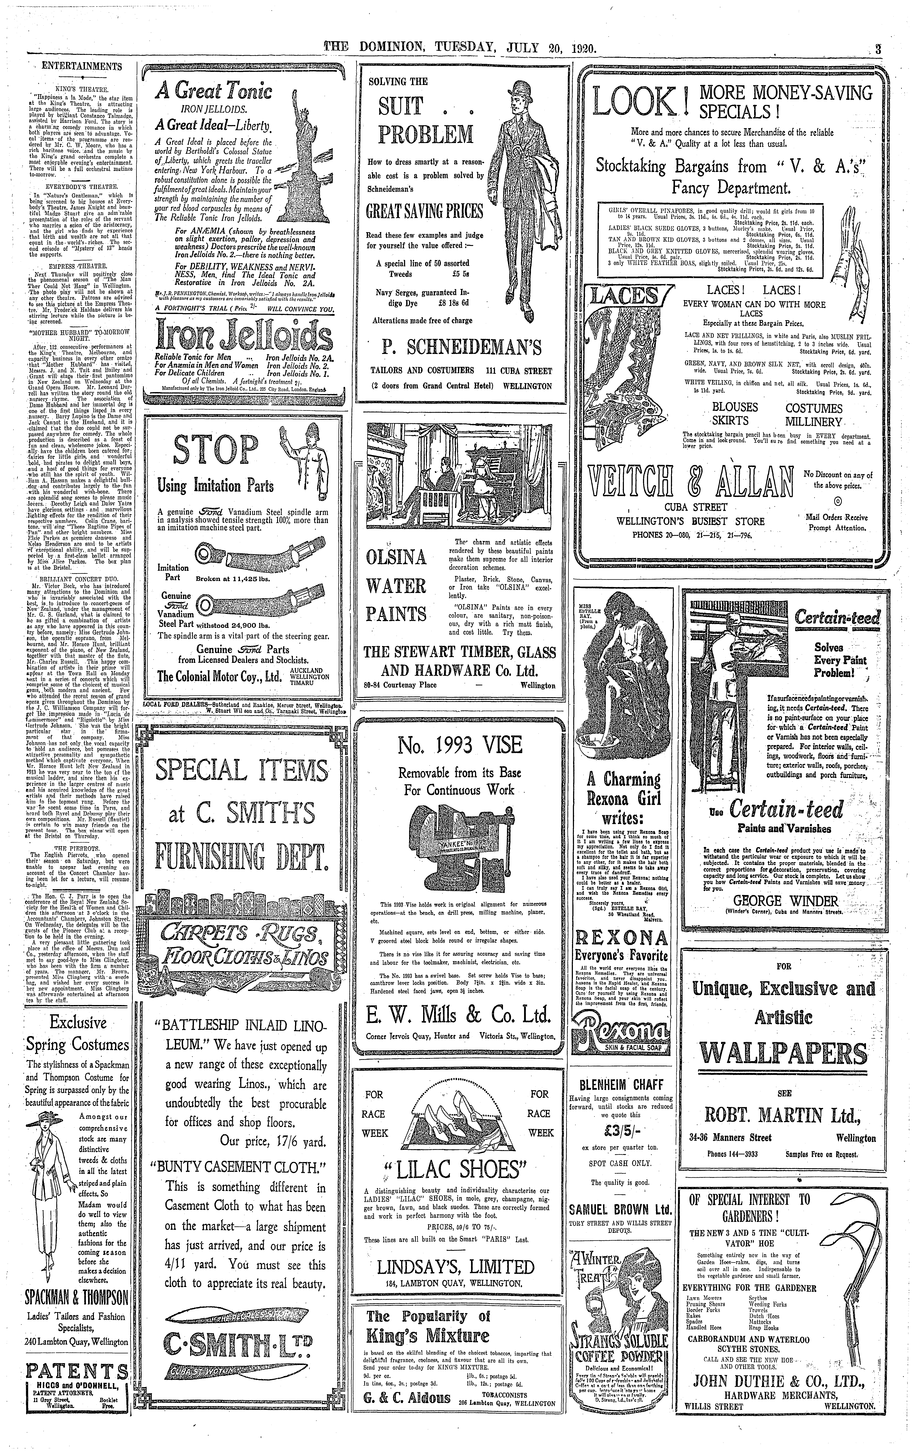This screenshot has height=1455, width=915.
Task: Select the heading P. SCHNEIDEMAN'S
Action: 461,347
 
